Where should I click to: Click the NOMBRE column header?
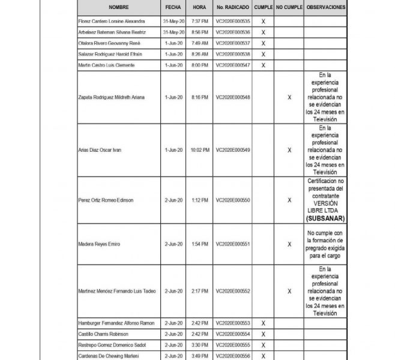pyautogui.click(x=118, y=7)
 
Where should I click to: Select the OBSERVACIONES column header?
pyautogui.click(x=325, y=7)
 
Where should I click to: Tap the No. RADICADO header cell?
pyautogui.click(x=232, y=7)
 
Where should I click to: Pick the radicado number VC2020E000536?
pyautogui.click(x=232, y=32)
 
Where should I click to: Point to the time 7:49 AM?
pyautogui.click(x=200, y=43)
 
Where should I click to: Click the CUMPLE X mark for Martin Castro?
pyautogui.click(x=263, y=65)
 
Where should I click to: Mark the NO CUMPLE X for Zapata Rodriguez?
pyautogui.click(x=289, y=97)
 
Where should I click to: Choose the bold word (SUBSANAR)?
pyautogui.click(x=325, y=218)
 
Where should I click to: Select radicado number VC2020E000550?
pyautogui.click(x=232, y=199)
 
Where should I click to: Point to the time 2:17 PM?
pyautogui.click(x=200, y=291)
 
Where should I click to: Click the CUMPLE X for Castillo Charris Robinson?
pyautogui.click(x=263, y=334)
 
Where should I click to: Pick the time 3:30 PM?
pyautogui.click(x=200, y=345)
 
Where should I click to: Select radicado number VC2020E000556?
pyautogui.click(x=232, y=355)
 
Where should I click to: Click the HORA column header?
pyautogui.click(x=200, y=7)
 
